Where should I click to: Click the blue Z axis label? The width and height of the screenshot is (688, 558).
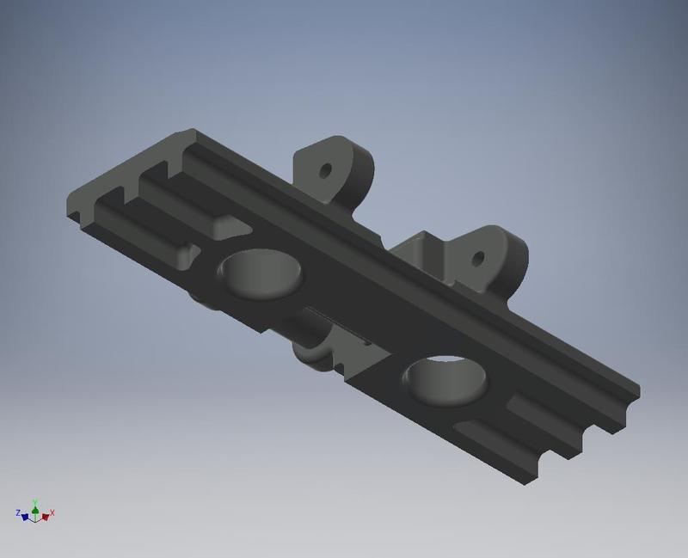18,513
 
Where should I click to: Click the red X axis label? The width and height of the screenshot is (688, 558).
52,513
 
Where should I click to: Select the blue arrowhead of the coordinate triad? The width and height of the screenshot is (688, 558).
25,517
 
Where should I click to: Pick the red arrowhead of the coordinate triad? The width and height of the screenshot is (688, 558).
45,517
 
